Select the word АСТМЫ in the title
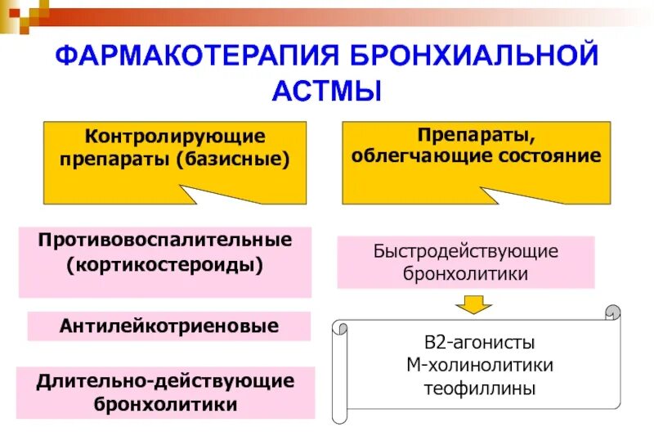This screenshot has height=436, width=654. coord(326,90)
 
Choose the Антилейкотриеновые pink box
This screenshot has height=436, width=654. coord(169,326)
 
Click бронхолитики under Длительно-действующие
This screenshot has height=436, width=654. coord(165,404)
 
